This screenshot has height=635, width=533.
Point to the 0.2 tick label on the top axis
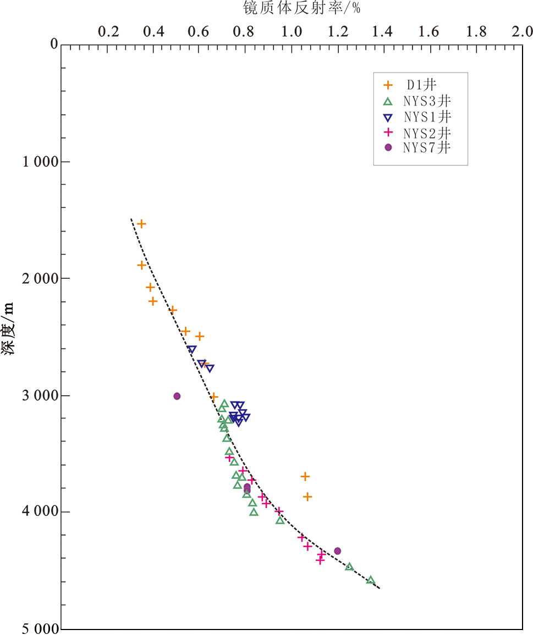coord(107,31)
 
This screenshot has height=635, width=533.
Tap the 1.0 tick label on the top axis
coord(292,31)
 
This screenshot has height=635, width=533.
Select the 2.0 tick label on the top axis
coord(521,31)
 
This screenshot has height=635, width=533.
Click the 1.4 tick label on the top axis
coord(383,31)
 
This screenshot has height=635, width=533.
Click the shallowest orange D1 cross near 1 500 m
coord(141,224)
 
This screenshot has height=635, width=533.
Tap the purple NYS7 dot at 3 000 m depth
coord(177,396)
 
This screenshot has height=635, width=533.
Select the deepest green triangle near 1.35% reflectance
coord(371,580)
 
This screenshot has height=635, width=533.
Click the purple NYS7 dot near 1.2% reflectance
coord(338,551)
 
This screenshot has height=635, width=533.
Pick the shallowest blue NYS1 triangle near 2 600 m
coord(192,349)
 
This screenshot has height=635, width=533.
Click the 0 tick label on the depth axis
coord(54,44)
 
